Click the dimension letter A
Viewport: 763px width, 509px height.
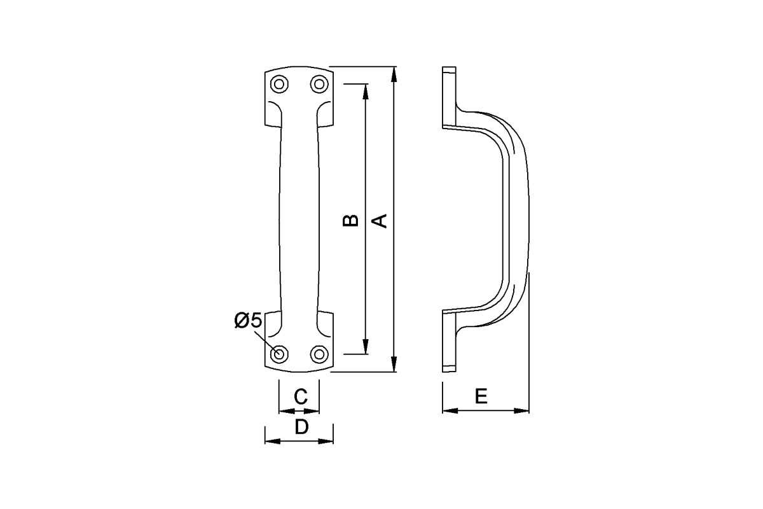click(380, 220)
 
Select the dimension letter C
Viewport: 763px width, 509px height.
click(301, 397)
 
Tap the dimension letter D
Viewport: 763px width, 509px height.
click(301, 426)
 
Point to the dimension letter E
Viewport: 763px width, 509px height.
click(481, 397)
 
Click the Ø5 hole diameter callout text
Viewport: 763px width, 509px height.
click(248, 321)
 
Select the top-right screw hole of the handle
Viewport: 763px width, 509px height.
click(319, 84)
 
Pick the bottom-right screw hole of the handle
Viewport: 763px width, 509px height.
click(319, 354)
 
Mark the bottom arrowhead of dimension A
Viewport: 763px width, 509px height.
click(395, 366)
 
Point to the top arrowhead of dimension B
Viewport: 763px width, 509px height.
click(366, 90)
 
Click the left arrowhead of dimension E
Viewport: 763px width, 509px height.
click(448, 410)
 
